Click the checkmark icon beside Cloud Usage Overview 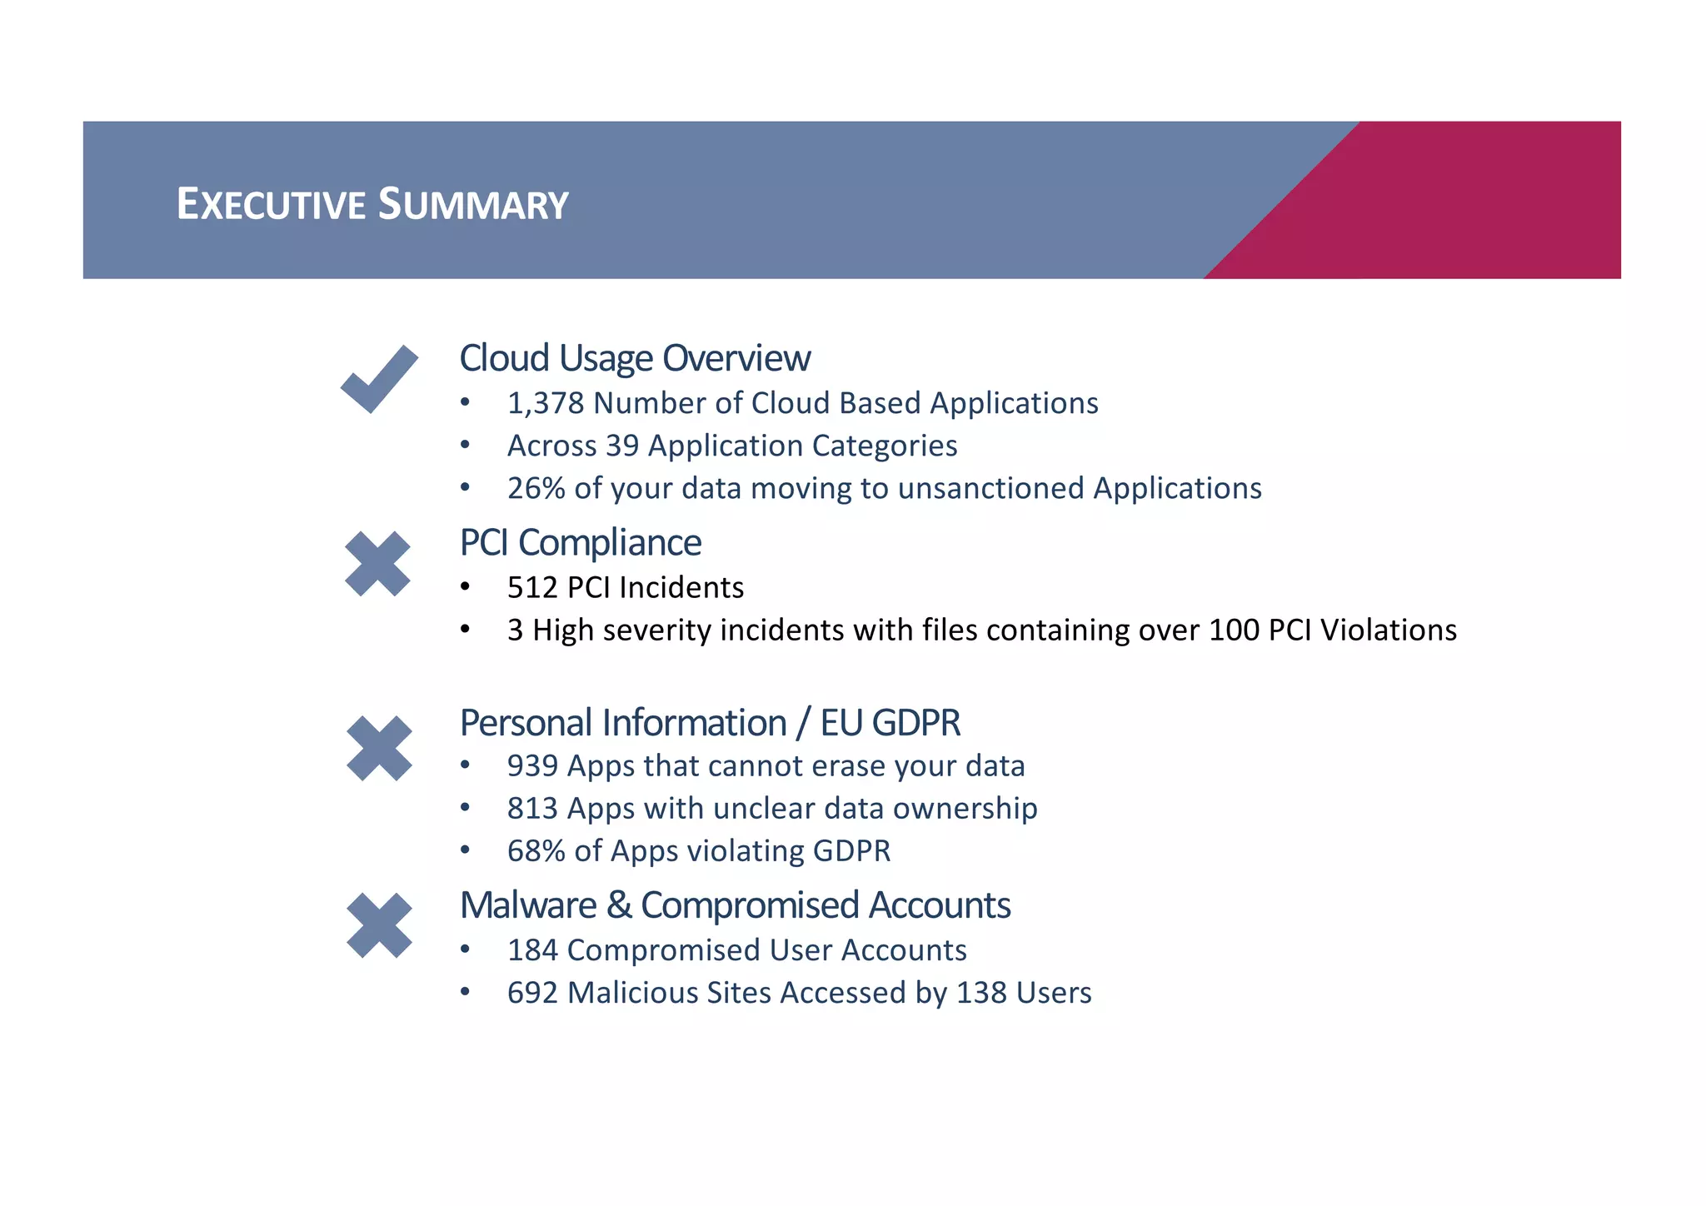click(379, 380)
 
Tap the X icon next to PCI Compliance click(377, 564)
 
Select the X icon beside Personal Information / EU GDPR click(379, 748)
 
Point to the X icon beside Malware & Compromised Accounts click(379, 925)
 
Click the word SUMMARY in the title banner click(472, 204)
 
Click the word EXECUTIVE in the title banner click(271, 204)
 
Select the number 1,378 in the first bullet click(546, 403)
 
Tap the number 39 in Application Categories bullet click(622, 446)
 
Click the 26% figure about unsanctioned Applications click(536, 488)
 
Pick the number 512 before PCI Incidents click(532, 588)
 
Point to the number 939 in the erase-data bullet click(532, 766)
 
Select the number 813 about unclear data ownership click(532, 809)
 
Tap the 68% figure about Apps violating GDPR click(536, 851)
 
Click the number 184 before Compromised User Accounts click(532, 950)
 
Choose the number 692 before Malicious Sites click(532, 993)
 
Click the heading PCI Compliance click(581, 543)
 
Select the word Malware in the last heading click(528, 905)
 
